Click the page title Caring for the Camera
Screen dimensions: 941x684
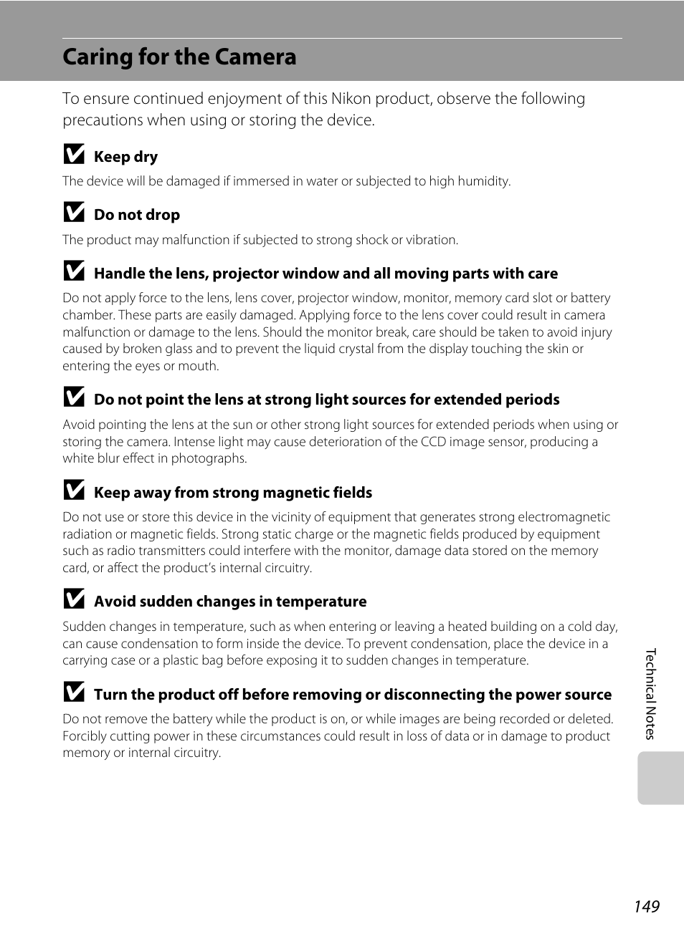[x=179, y=57]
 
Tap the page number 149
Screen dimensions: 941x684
[x=646, y=907]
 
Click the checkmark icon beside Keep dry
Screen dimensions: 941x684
[x=74, y=155]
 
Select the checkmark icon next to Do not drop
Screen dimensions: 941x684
[x=74, y=213]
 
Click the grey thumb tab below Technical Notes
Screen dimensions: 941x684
[x=660, y=778]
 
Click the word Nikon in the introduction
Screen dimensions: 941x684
[x=351, y=99]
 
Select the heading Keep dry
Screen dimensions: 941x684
[x=125, y=157]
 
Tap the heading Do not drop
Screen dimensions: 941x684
[x=137, y=215]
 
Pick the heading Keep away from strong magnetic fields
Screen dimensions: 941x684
[x=233, y=493]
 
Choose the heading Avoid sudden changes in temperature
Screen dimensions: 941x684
[x=230, y=602]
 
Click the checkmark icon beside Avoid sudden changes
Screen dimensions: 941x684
[x=74, y=599]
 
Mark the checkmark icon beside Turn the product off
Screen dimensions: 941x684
[x=74, y=693]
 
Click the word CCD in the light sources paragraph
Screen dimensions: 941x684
[x=433, y=442]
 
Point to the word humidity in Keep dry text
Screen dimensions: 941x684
[x=483, y=181]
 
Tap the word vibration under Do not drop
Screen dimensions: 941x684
[x=432, y=240]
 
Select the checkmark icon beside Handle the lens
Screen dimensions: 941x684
[x=74, y=271]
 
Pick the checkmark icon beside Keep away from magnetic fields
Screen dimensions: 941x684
[x=74, y=491]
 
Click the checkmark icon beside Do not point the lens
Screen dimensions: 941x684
[x=74, y=397]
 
